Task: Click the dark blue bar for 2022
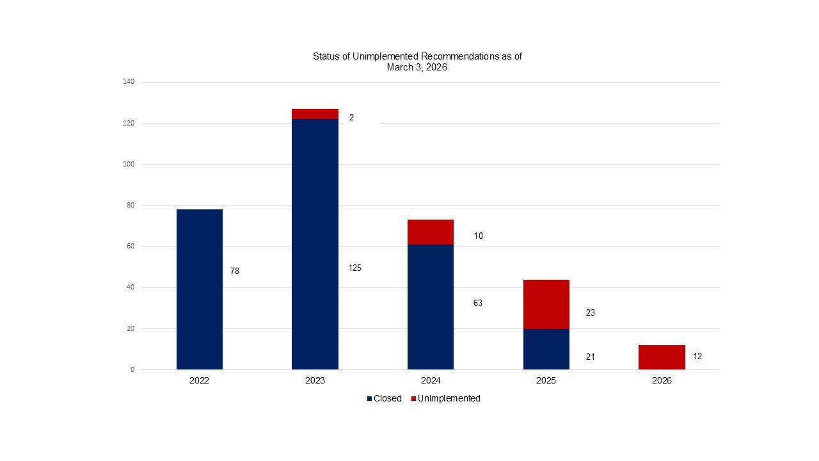pos(200,289)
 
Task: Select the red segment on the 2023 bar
pos(315,114)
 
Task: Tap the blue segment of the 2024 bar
pos(431,307)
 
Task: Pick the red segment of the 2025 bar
pos(546,304)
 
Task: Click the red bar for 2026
pos(662,357)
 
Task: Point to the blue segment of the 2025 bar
pos(546,349)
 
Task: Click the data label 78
pos(235,271)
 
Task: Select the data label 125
pos(354,268)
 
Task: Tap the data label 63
pos(478,303)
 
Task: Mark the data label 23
pos(590,313)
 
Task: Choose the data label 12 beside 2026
pos(697,357)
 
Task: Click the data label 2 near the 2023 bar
pos(351,118)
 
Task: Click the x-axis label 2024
pos(431,381)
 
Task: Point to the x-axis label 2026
pos(662,381)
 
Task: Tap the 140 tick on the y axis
pos(129,82)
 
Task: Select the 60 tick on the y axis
pos(131,247)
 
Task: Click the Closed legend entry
pos(384,399)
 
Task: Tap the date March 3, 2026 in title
pos(417,67)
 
